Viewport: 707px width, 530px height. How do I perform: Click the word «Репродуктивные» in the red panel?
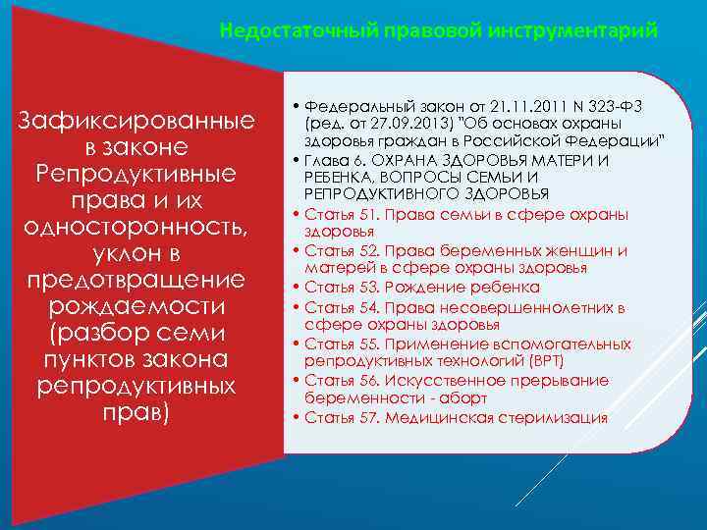click(137, 174)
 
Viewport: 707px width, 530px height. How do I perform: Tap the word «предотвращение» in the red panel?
click(137, 280)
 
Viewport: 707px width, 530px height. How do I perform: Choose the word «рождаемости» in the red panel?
click(137, 306)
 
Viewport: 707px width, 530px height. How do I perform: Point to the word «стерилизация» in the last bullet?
click(556, 417)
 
